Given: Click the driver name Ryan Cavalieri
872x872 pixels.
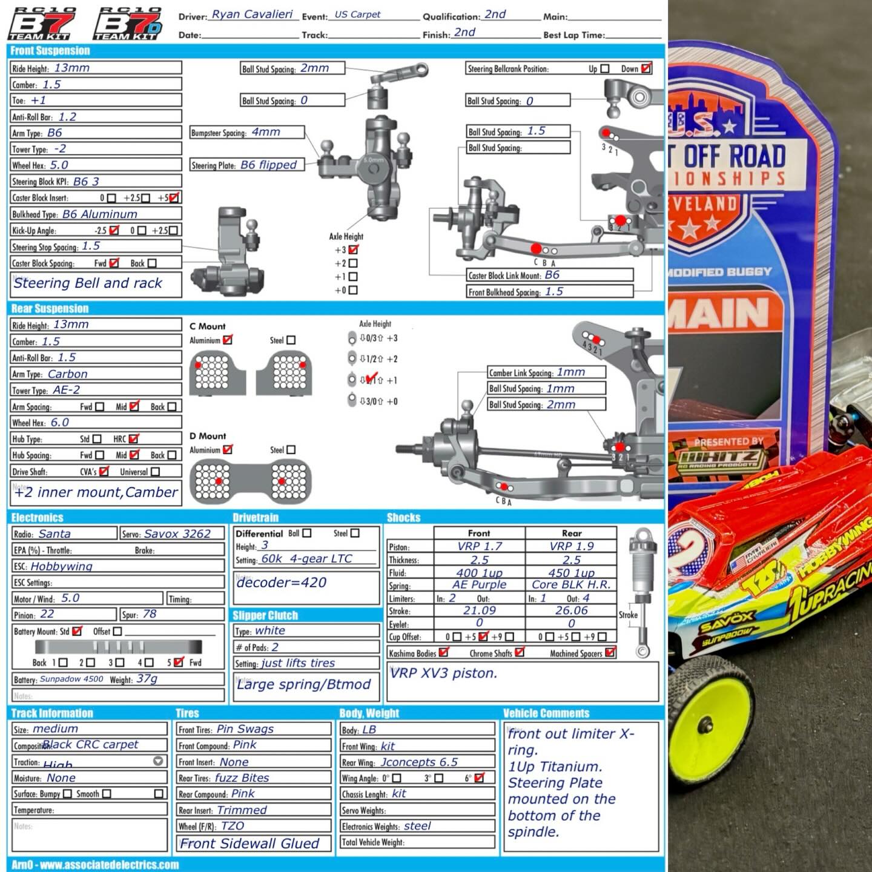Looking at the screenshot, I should tap(252, 15).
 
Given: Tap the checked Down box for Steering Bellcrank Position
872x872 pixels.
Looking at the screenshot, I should tap(646, 68).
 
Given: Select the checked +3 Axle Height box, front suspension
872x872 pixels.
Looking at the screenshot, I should tap(354, 249).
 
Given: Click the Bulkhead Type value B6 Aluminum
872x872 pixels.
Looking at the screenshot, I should tap(100, 214).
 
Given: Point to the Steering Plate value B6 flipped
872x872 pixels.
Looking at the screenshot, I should tap(268, 165).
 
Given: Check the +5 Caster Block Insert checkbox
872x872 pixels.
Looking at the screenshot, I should tap(174, 197).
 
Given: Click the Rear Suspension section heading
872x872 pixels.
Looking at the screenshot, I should tap(50, 309).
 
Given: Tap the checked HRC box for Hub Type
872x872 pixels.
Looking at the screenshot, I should tap(134, 438).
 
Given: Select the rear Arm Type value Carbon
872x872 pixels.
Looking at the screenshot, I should tap(68, 374).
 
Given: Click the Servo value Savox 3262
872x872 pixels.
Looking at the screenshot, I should tap(177, 533).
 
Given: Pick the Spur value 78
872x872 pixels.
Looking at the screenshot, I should tap(150, 614).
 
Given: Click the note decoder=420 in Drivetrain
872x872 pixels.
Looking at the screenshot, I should tap(282, 583).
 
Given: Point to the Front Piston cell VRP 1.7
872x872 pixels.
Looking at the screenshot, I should tap(480, 546).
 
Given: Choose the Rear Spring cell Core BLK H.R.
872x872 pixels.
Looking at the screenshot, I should tap(571, 585).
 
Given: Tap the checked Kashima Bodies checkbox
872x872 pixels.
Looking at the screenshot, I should tap(443, 652).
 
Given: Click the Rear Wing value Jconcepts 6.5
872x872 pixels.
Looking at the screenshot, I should tap(419, 762).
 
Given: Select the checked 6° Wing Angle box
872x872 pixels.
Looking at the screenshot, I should tap(480, 778).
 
